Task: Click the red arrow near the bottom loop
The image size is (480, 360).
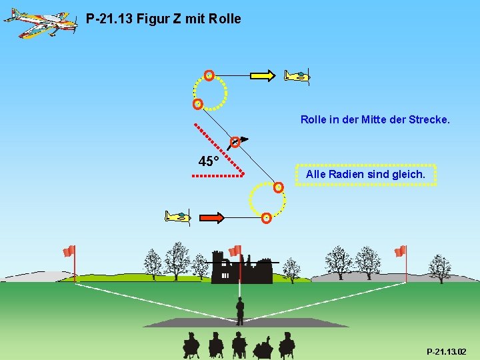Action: tap(211, 217)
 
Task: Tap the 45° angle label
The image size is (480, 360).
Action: tap(208, 161)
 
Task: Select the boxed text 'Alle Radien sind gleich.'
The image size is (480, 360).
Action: tap(365, 174)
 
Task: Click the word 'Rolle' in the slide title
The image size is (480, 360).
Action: tap(225, 19)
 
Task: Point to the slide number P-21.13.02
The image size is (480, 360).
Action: tap(446, 351)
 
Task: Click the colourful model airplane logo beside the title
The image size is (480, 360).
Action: tap(40, 23)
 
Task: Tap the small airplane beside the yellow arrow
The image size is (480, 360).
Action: tap(297, 76)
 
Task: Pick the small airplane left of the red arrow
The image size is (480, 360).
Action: tap(177, 217)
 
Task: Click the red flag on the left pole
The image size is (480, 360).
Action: tap(69, 251)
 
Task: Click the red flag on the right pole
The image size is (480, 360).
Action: tap(400, 251)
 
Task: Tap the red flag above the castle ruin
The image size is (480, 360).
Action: tap(235, 251)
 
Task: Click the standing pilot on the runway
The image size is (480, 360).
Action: tap(240, 310)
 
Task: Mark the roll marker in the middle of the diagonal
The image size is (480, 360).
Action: tap(235, 142)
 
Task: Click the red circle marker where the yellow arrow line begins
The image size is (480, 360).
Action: tap(209, 75)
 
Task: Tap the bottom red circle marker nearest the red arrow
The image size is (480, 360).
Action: tap(266, 217)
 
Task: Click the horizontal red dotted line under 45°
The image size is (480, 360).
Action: tap(217, 176)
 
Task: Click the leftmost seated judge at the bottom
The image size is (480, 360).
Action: tap(191, 345)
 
